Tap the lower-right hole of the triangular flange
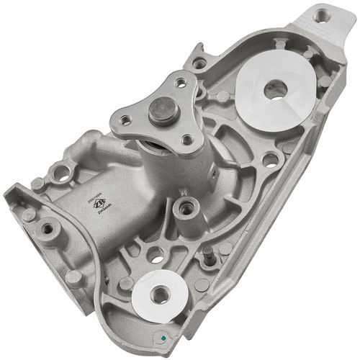(x=186, y=140)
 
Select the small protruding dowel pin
(x=207, y=253)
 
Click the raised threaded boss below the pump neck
(x=186, y=209)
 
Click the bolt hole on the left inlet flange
(x=48, y=228)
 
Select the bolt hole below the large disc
(x=270, y=159)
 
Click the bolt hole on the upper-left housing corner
(x=200, y=63)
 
